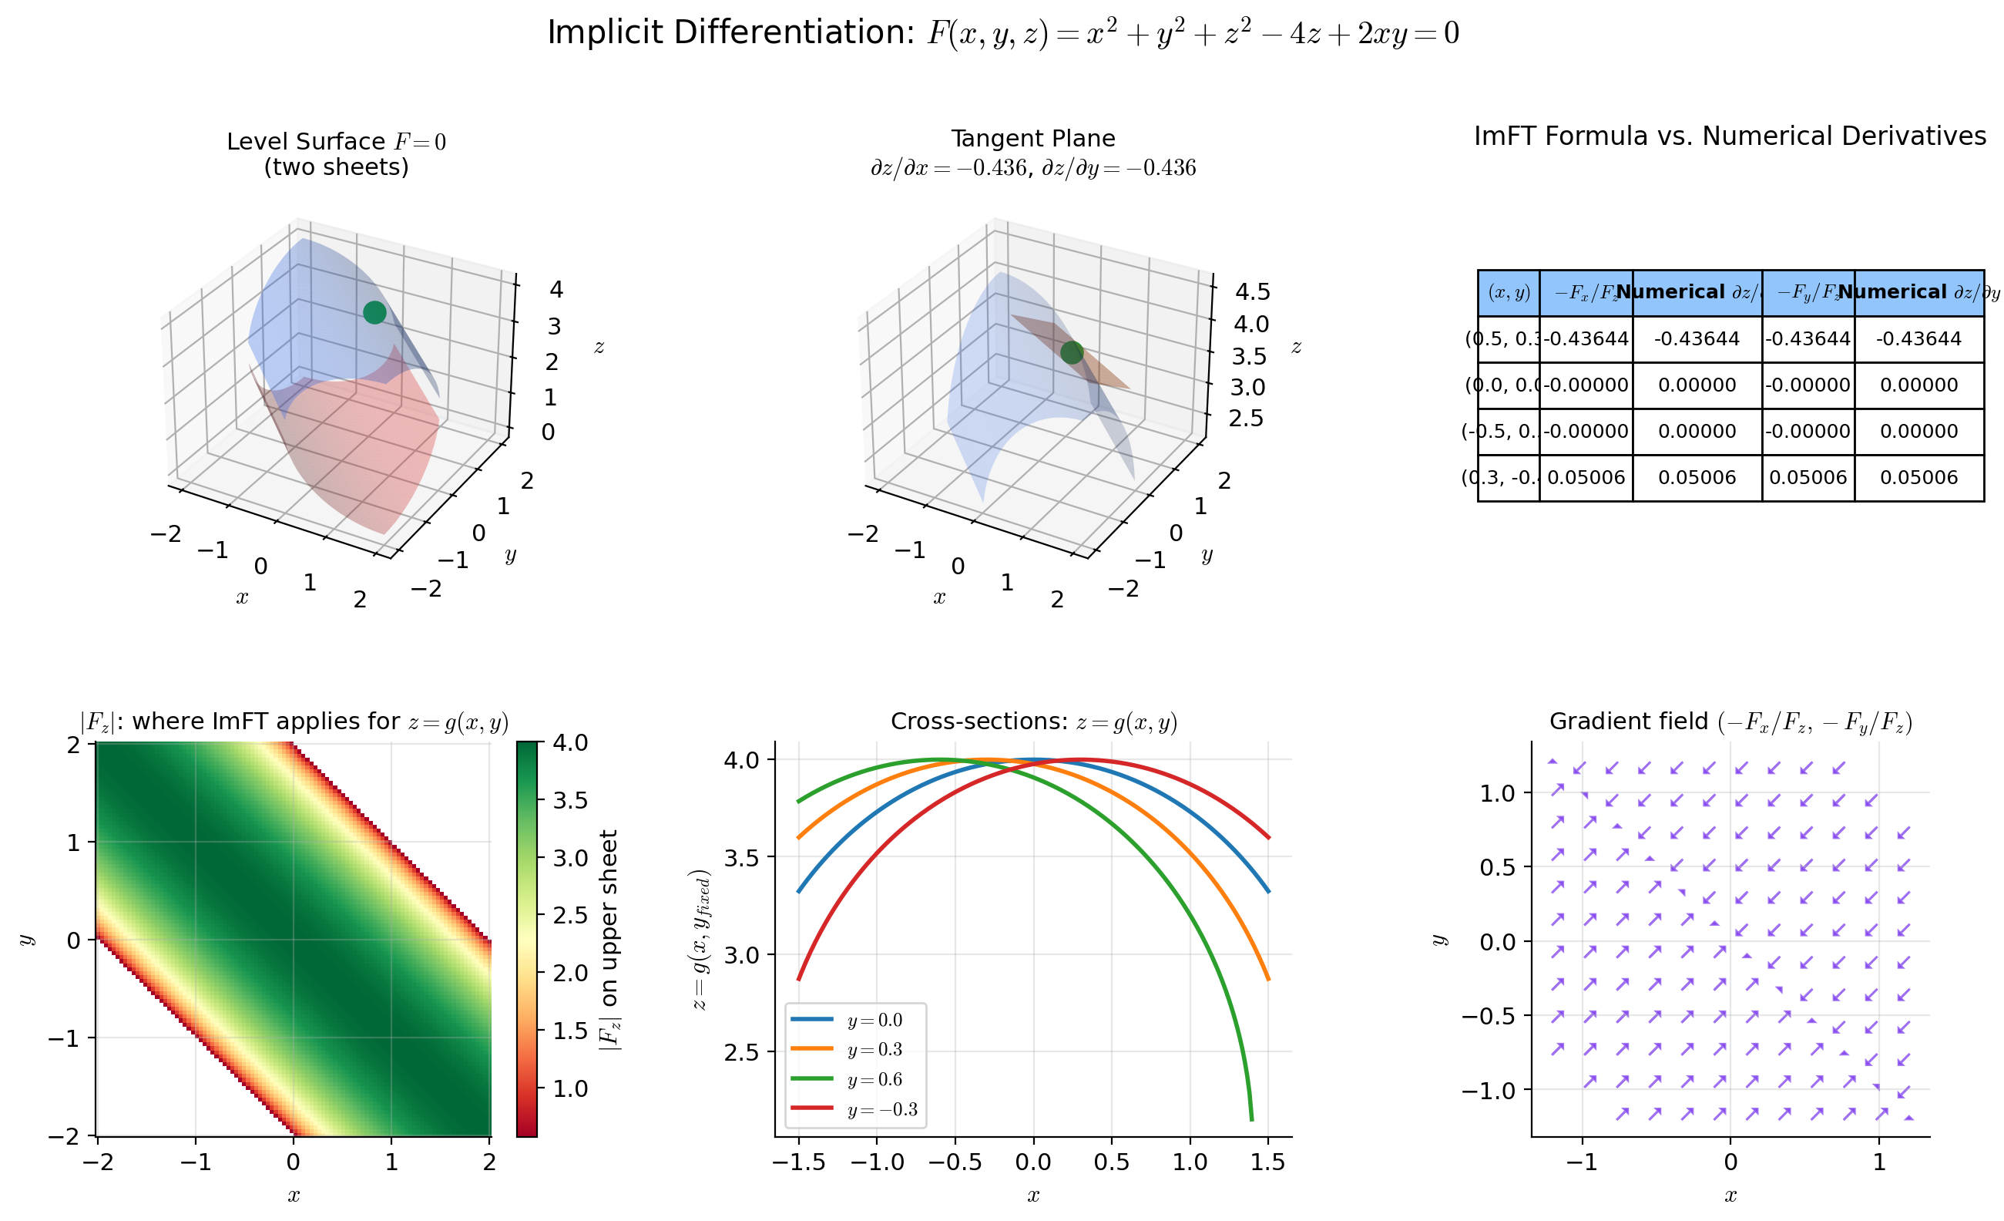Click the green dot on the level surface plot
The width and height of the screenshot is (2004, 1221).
pos(374,312)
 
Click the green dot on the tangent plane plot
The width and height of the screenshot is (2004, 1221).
pos(1072,352)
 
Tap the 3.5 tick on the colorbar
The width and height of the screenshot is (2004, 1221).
pos(569,800)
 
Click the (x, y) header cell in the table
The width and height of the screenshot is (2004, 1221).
pos(1509,293)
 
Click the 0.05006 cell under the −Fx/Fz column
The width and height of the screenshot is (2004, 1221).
pos(1585,477)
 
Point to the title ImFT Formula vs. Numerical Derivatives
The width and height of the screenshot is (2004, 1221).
pos(1730,136)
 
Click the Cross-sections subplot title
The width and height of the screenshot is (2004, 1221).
pos(1033,721)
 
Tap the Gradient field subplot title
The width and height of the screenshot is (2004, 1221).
pos(1730,721)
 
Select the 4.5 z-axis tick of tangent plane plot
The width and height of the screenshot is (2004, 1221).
pos(1252,291)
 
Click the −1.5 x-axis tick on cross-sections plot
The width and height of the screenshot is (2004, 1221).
pos(798,1162)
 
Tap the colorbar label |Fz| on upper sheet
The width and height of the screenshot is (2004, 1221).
pos(609,940)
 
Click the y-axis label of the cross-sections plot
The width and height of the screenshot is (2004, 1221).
pos(700,940)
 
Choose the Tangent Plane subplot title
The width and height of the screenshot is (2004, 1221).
pos(1033,139)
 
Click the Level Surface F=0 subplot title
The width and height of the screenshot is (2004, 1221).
pos(336,143)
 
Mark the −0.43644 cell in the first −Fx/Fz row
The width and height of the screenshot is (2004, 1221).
pos(1585,338)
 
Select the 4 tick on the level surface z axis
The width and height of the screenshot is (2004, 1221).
pos(556,290)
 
